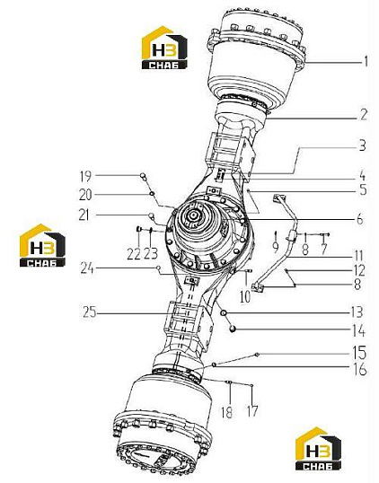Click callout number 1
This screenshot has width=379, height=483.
366,61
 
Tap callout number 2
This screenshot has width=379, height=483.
364,115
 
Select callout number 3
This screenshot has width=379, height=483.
362,145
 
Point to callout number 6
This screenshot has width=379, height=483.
359,219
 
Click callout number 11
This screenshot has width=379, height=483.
357,256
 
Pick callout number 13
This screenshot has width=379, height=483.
357,312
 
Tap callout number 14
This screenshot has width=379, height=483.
358,331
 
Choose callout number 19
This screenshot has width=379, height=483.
85,176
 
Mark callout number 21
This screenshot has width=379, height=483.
85,215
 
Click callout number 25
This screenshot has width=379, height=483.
90,312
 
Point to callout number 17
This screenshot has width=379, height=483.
251,411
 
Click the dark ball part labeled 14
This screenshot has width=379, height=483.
233,329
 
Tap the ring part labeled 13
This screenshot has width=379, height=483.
224,313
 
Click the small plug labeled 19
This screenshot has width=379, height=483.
143,176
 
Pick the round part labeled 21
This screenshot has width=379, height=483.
151,215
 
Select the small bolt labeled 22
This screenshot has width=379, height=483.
138,229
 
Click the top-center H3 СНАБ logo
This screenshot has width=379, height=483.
164,48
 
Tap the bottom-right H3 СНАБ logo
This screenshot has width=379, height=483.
318,448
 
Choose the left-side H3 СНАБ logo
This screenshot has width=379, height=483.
42,245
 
